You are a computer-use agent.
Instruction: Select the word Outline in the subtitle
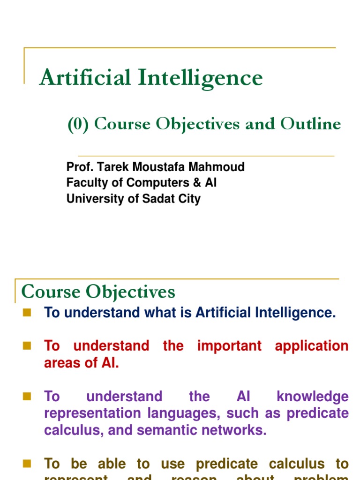[x=311, y=124]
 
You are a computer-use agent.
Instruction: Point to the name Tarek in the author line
[x=109, y=167]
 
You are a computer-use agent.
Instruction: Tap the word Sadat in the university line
[x=154, y=199]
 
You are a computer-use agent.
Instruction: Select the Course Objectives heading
[x=98, y=292]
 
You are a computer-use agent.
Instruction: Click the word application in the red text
[x=312, y=346]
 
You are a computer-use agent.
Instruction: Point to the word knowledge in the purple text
[x=313, y=397]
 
